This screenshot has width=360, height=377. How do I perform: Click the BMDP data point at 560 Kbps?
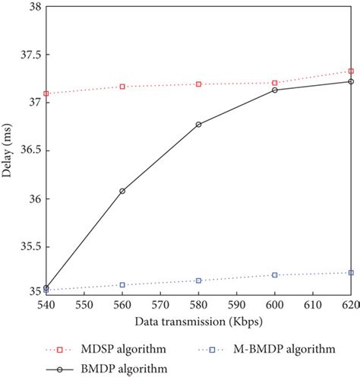point(122,191)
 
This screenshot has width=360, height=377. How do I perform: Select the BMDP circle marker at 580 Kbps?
point(198,124)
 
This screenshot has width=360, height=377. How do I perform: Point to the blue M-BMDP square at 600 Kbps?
point(274,274)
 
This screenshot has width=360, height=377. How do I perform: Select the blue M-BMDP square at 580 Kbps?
point(198,280)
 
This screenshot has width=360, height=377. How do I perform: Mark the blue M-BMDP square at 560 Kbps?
point(122,285)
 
